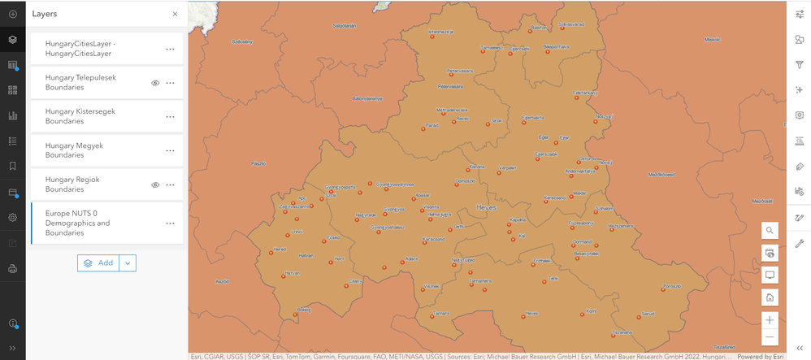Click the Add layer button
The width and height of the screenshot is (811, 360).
tap(98, 262)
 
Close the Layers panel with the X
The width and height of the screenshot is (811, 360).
tap(175, 14)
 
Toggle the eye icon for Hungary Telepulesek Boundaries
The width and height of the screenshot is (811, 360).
tap(155, 83)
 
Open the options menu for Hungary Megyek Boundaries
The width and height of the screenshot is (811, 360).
tap(170, 150)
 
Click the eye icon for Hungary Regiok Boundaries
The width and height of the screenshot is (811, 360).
tap(155, 184)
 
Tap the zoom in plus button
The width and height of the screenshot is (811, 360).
tap(770, 319)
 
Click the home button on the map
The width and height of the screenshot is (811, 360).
tap(770, 297)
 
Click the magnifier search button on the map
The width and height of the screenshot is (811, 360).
tap(770, 231)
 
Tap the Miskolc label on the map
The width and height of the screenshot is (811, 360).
tap(712, 38)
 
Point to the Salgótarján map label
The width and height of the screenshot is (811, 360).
tap(345, 25)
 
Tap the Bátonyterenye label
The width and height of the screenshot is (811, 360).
tap(367, 98)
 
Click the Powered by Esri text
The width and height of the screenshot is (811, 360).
tap(761, 356)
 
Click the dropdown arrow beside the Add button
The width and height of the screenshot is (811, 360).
tap(128, 262)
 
